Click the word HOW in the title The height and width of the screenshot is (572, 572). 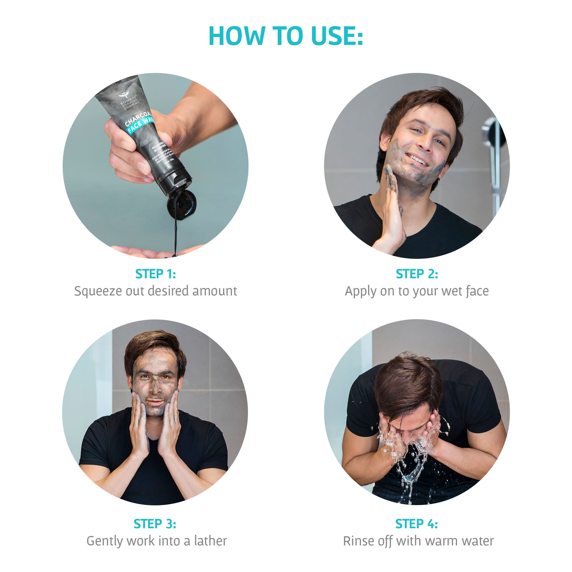pyautogui.click(x=237, y=36)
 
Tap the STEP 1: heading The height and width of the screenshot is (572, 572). pyautogui.click(x=155, y=274)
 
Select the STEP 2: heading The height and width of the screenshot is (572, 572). pyautogui.click(x=417, y=274)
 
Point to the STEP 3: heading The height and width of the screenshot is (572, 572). pyautogui.click(x=155, y=524)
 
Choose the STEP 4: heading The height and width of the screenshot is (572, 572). pyautogui.click(x=417, y=524)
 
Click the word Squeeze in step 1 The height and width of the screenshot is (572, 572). pyautogui.click(x=98, y=291)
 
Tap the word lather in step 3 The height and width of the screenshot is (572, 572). pyautogui.click(x=210, y=541)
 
